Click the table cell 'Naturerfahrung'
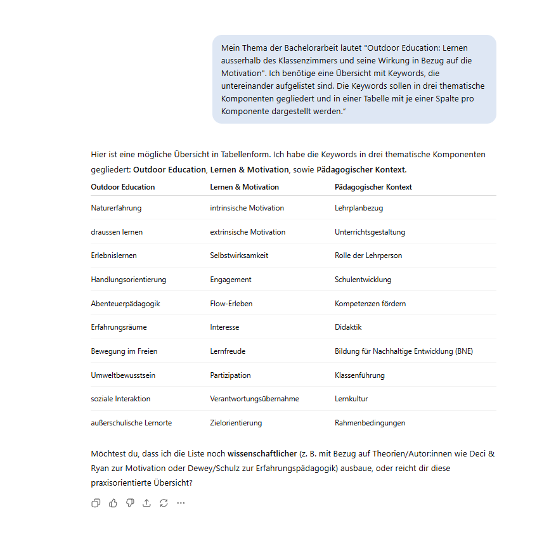[x=116, y=208]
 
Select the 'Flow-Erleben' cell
[x=231, y=304]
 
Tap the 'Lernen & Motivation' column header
[x=244, y=187]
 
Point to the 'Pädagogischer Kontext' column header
[x=373, y=187]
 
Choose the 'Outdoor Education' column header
[x=122, y=187]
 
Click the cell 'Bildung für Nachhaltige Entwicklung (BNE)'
[x=403, y=351]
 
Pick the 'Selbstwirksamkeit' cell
[x=239, y=256]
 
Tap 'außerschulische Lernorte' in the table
[x=131, y=423]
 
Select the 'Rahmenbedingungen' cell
[x=370, y=423]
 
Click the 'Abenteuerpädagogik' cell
[x=125, y=304]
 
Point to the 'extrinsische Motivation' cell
[x=247, y=232]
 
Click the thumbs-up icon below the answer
[x=113, y=503]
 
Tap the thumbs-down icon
[x=130, y=503]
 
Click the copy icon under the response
[x=96, y=503]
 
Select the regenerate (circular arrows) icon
[x=164, y=503]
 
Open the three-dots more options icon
[x=181, y=503]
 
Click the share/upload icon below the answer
[x=146, y=503]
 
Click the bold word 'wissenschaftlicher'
[x=262, y=453]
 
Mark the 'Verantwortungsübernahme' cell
[x=254, y=399]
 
